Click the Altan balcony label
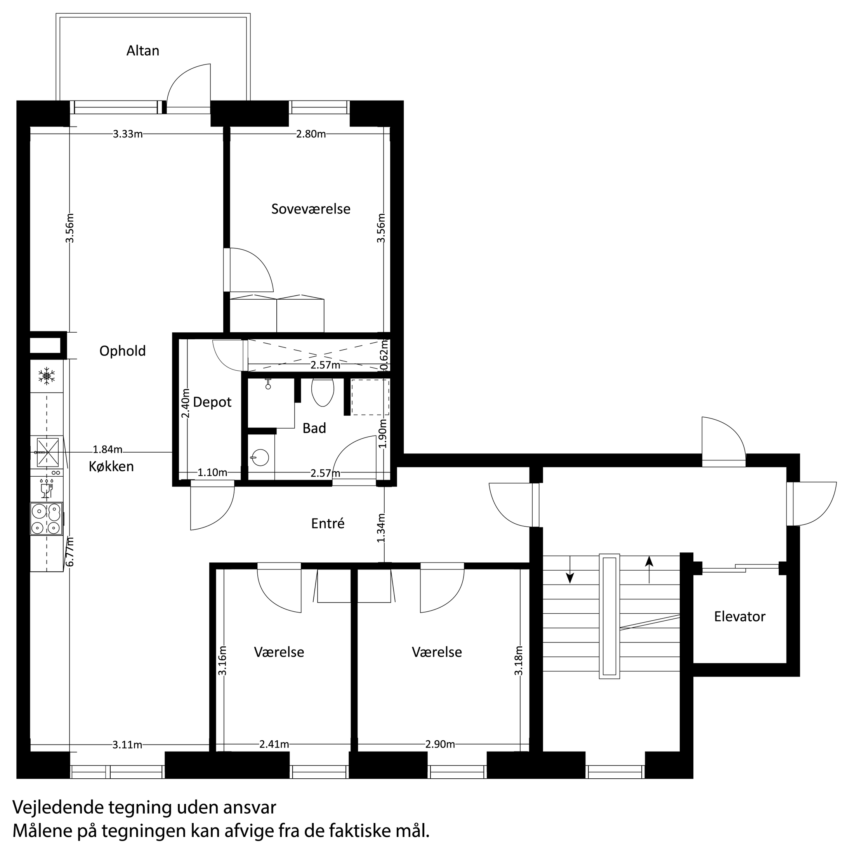(x=142, y=51)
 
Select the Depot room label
(x=212, y=402)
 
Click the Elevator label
(x=739, y=617)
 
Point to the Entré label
(x=328, y=524)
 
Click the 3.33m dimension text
(x=128, y=134)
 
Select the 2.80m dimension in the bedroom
(x=311, y=134)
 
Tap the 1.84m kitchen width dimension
(x=108, y=450)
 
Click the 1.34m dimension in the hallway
(x=382, y=528)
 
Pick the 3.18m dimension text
(x=519, y=660)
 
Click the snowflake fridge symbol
(x=47, y=376)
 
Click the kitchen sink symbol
(x=47, y=452)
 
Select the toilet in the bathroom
(x=322, y=391)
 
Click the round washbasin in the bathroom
(x=260, y=458)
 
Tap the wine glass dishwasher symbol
(x=46, y=488)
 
